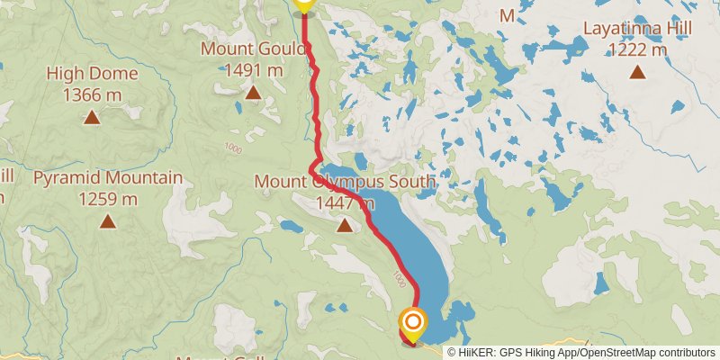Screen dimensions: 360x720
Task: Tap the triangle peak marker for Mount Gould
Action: [x=253, y=92]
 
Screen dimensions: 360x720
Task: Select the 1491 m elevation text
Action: [x=253, y=69]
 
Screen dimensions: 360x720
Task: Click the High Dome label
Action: [x=92, y=74]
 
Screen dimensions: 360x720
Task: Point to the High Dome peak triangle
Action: [x=92, y=117]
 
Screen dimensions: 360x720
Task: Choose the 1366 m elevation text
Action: [x=92, y=94]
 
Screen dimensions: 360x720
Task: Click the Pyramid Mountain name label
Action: [x=108, y=178]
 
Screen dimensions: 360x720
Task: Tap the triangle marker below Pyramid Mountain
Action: [x=108, y=221]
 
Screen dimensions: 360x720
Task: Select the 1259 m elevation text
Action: [x=108, y=199]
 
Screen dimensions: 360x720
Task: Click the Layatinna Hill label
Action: [x=637, y=29]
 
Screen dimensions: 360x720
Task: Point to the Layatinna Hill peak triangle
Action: [x=637, y=72]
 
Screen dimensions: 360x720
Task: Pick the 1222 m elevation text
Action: [x=637, y=49]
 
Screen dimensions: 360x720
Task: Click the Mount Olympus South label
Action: [x=345, y=183]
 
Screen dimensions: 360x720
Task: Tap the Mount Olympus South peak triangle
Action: [x=344, y=225]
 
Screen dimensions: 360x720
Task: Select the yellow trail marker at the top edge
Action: [x=303, y=5]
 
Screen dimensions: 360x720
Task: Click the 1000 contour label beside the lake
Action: [x=399, y=281]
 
